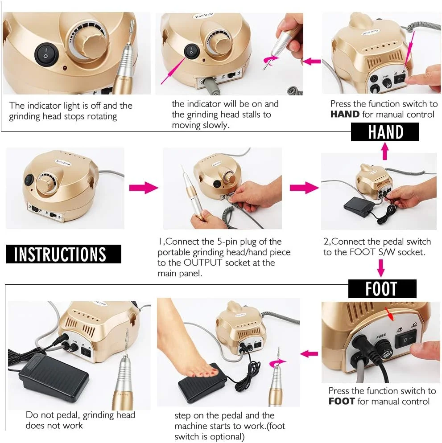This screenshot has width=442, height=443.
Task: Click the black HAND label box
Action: pyautogui.click(x=385, y=131)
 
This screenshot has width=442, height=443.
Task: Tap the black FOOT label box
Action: pyautogui.click(x=382, y=288)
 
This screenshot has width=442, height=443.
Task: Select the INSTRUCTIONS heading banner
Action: pyautogui.click(x=64, y=254)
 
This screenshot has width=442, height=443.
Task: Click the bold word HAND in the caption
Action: pyautogui.click(x=345, y=114)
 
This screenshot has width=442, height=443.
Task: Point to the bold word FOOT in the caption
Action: pyautogui.click(x=342, y=401)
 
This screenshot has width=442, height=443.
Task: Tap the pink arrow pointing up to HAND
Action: pyautogui.click(x=384, y=151)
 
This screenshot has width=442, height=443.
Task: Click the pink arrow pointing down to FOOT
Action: pyautogui.click(x=381, y=268)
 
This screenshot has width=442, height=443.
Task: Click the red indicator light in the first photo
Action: pyautogui.click(x=65, y=68)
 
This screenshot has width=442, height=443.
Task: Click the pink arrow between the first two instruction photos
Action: pyautogui.click(x=143, y=188)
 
